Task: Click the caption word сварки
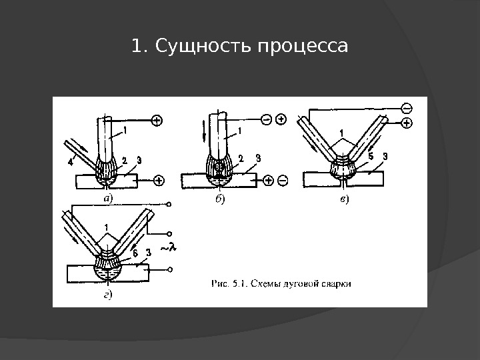tap(337, 282)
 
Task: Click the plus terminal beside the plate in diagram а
tap(159, 179)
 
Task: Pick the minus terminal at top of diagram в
tap(407, 108)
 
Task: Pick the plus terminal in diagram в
tap(407, 123)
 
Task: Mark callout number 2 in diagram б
tap(241, 157)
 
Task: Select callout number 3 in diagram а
tap(139, 159)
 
